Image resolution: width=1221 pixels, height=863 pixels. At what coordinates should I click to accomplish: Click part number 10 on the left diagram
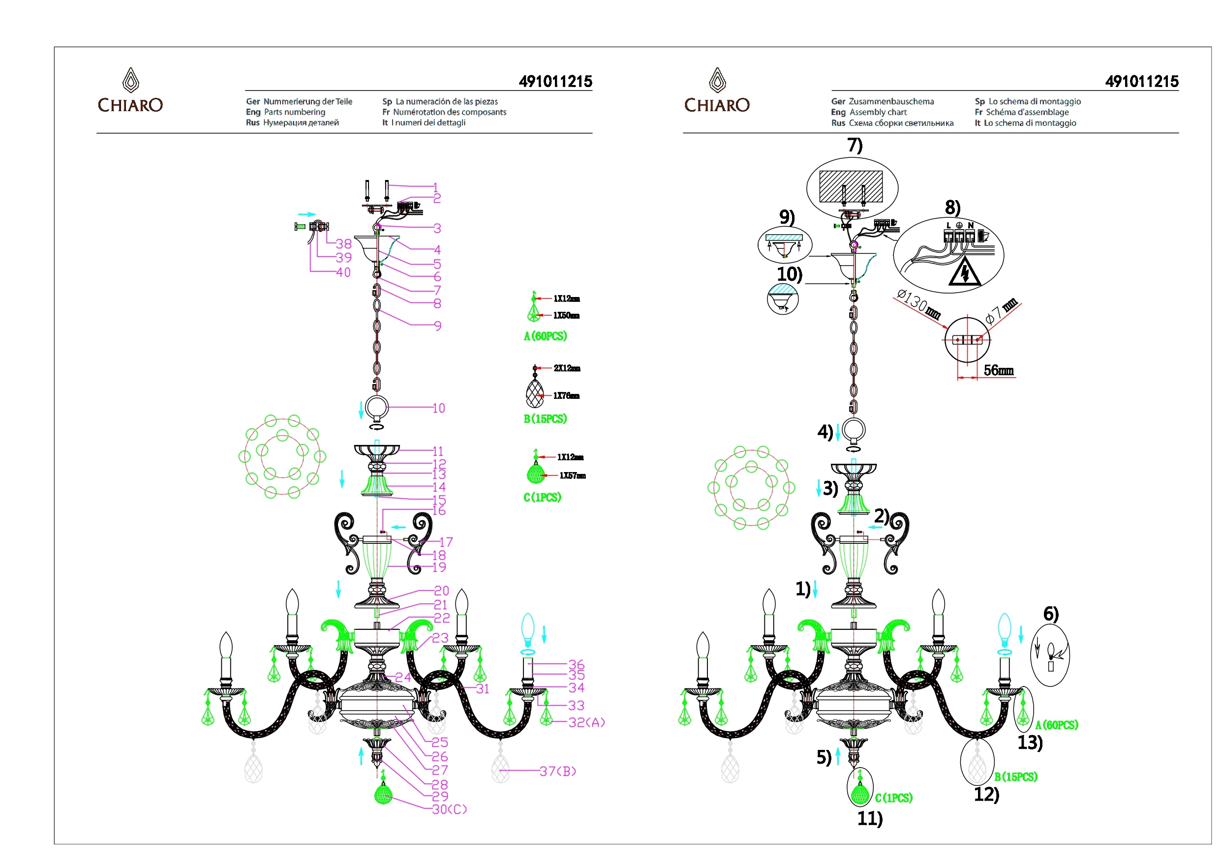click(x=438, y=408)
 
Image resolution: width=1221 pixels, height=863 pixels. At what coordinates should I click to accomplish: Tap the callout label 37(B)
click(x=558, y=771)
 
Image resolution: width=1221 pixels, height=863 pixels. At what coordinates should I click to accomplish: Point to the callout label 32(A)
click(x=586, y=722)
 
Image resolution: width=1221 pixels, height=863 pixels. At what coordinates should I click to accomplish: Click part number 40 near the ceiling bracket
click(x=343, y=272)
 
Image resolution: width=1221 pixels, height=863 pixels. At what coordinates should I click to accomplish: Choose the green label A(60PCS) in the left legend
click(x=545, y=336)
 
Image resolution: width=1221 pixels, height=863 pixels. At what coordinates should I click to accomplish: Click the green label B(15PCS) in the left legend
click(x=545, y=419)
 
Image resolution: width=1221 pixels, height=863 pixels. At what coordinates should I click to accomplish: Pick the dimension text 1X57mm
click(x=572, y=476)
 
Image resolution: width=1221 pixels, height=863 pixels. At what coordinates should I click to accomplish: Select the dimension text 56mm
click(x=998, y=370)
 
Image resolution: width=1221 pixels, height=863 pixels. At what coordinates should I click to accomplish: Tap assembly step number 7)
click(x=855, y=145)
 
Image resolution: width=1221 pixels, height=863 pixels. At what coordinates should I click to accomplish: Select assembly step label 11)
click(x=870, y=818)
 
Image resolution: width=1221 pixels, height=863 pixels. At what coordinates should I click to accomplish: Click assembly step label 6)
click(x=1051, y=614)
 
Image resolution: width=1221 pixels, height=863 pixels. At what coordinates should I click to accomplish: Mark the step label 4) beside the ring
click(x=825, y=431)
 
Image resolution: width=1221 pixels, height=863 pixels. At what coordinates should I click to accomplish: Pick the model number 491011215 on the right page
click(x=1142, y=81)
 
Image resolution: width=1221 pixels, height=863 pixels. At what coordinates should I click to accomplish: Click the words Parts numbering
click(x=295, y=112)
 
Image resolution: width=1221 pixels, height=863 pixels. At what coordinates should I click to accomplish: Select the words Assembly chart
click(x=878, y=112)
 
